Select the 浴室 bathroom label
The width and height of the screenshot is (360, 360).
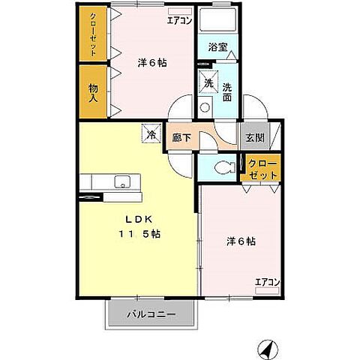217,46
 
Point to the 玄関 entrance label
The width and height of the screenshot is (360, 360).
254,137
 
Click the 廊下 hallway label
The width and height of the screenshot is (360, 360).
182,137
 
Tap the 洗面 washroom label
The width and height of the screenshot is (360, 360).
227,92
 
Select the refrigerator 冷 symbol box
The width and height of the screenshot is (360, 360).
151,136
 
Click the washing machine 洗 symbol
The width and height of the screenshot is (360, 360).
208,83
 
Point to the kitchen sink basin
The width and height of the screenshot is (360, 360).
121,181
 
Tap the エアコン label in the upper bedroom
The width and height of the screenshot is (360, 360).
179,20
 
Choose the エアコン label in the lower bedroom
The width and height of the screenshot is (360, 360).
267,281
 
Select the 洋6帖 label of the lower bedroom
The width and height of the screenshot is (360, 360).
241,241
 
